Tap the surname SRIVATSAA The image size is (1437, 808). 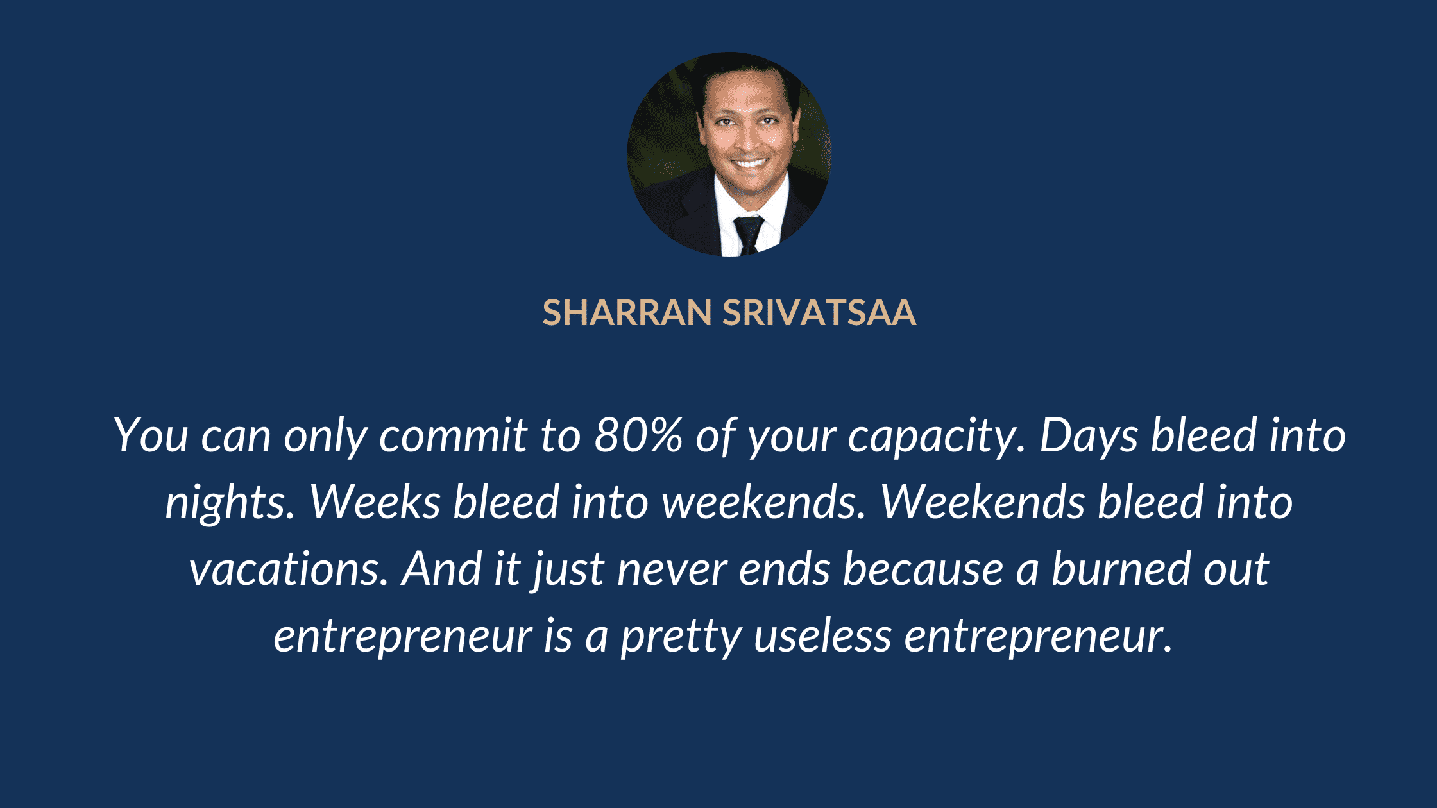(x=820, y=313)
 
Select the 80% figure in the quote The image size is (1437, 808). (x=639, y=435)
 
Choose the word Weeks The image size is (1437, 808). (x=375, y=501)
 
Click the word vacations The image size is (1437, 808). (x=289, y=569)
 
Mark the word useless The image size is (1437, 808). (x=822, y=636)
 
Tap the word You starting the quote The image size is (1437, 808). (x=151, y=435)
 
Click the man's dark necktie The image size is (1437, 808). (x=748, y=235)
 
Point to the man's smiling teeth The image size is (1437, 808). (x=750, y=163)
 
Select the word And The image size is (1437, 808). (x=441, y=568)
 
